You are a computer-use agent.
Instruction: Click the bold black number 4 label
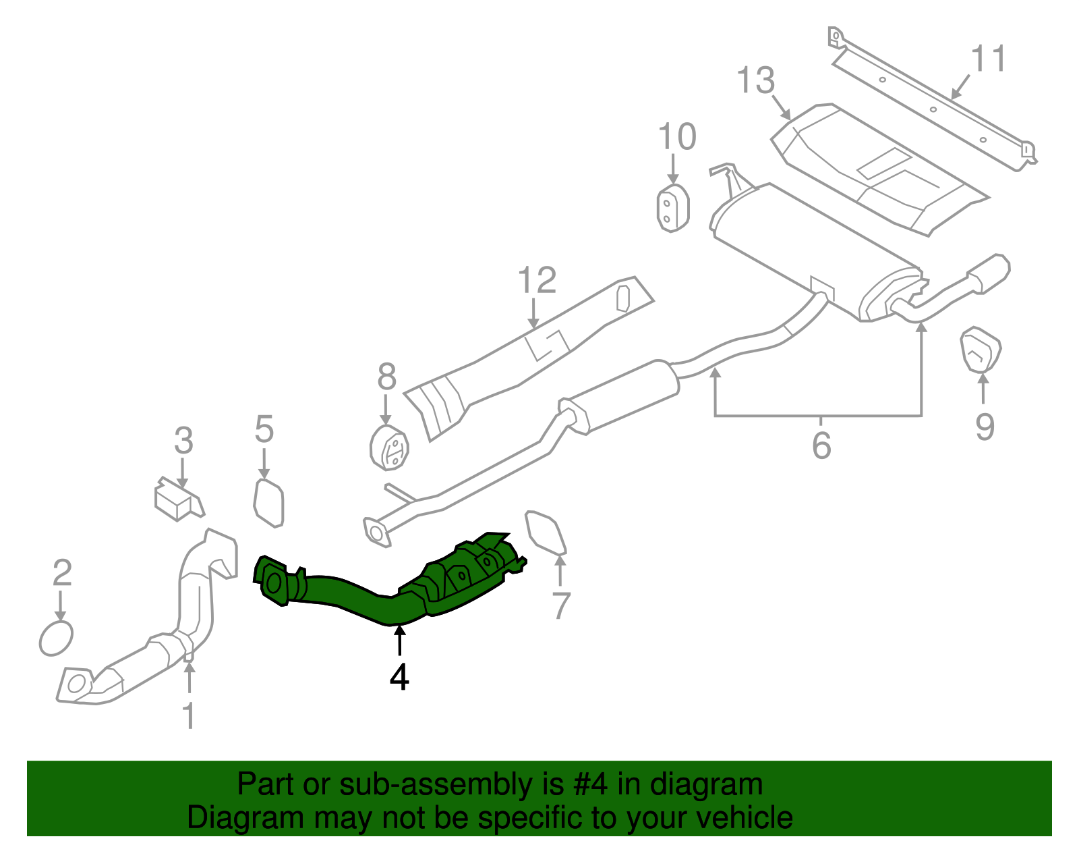point(399,677)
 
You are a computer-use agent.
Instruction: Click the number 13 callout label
point(755,81)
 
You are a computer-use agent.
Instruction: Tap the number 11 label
point(988,59)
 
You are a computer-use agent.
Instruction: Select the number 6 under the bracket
point(821,445)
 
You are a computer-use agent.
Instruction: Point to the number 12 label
point(537,280)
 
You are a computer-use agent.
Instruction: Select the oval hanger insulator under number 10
point(672,208)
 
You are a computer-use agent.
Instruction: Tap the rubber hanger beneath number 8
point(390,448)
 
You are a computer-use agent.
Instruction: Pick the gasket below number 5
point(270,502)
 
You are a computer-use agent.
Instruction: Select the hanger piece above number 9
point(980,350)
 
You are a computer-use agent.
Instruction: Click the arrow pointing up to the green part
point(400,641)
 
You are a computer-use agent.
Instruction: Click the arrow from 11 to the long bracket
point(960,86)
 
